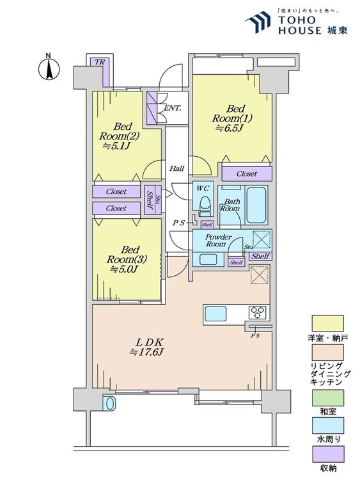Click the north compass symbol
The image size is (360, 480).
pyautogui.click(x=49, y=68)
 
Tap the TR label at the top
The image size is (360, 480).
pyautogui.click(x=100, y=62)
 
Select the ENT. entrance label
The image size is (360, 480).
pyautogui.click(x=173, y=108)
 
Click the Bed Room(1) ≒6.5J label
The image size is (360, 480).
pyautogui.click(x=232, y=118)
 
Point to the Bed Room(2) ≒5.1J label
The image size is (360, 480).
pyautogui.click(x=119, y=136)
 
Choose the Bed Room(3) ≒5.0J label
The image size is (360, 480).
pyautogui.click(x=127, y=259)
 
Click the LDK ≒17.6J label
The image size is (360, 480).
pyautogui.click(x=147, y=347)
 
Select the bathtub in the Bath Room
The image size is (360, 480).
pyautogui.click(x=256, y=205)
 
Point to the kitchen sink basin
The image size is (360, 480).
pyautogui.click(x=215, y=314)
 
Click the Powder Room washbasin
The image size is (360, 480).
pyautogui.click(x=208, y=259)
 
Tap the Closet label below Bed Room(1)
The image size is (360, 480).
pyautogui.click(x=247, y=173)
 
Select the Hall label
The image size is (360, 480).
pyautogui.click(x=177, y=168)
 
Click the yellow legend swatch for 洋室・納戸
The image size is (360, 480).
pyautogui.click(x=327, y=323)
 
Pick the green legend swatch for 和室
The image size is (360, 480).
pyautogui.click(x=327, y=398)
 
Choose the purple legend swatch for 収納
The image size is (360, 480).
pyautogui.click(x=327, y=454)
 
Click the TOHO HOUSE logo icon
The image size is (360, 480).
pyautogui.click(x=258, y=22)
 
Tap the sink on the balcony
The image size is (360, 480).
pyautogui.click(x=109, y=403)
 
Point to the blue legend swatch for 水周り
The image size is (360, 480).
pyautogui.click(x=327, y=426)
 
